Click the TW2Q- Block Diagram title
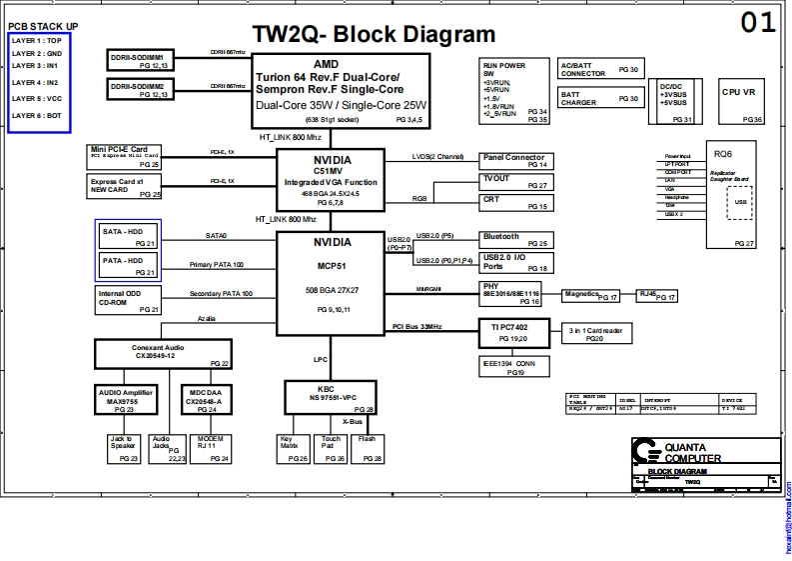(373, 35)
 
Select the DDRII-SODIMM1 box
(143, 61)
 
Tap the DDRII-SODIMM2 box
(143, 90)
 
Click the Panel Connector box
(515, 160)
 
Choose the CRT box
(515, 203)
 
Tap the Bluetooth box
(515, 240)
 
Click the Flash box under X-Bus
(368, 449)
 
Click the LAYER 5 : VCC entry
(38, 99)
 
